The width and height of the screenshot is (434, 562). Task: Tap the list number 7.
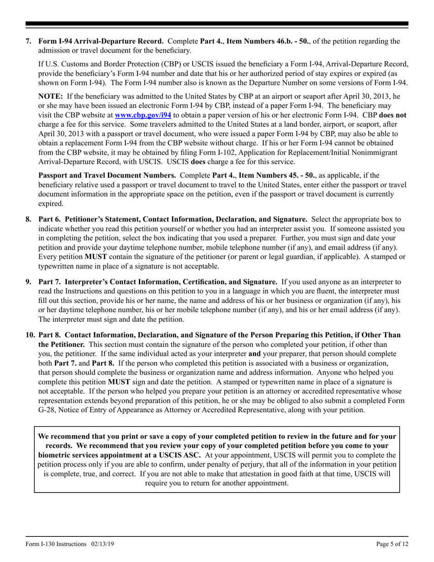click(x=28, y=41)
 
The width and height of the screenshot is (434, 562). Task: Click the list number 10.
click(x=30, y=335)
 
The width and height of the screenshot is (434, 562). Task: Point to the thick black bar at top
click(x=217, y=24)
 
